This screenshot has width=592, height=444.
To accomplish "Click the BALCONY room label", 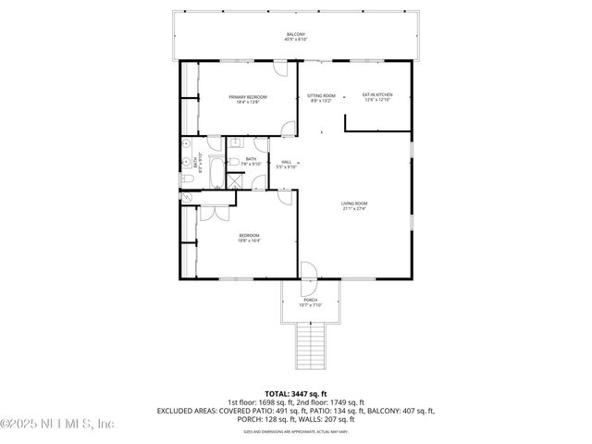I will (295, 34).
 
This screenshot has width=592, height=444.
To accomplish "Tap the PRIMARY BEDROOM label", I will (248, 96).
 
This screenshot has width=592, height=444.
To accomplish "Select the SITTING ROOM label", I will (322, 94).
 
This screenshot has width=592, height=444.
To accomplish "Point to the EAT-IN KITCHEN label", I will (377, 94).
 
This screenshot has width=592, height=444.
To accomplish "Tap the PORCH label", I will (310, 301).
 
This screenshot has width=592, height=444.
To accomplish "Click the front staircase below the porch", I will (310, 347).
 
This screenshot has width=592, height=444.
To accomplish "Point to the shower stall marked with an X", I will (234, 181).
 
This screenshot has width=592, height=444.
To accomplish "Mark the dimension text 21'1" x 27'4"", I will (354, 209).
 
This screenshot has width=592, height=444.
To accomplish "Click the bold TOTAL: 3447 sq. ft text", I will (295, 393).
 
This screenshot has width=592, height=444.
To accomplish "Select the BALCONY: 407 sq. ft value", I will (399, 410).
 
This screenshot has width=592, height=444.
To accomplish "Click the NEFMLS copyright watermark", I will (57, 424).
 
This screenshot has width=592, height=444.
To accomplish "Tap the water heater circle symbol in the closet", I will (188, 197).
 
